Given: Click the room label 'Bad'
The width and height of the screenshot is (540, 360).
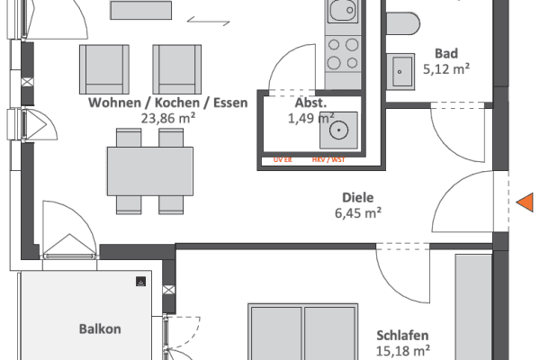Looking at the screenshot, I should [x=446, y=53].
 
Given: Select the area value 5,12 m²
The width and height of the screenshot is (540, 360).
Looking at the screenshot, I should [x=446, y=68].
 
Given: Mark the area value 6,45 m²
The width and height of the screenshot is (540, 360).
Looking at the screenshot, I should [x=357, y=213].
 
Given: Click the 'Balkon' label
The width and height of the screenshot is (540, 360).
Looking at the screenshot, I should [x=99, y=329].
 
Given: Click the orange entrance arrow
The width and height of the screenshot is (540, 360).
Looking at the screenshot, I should [x=524, y=205].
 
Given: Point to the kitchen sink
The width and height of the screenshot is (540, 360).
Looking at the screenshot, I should [x=342, y=12].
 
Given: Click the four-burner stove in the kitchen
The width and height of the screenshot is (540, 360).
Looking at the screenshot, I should [x=342, y=53].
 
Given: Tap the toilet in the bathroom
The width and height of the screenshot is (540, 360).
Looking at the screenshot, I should [x=401, y=22].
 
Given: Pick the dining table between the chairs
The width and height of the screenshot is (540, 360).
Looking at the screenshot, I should [x=150, y=167].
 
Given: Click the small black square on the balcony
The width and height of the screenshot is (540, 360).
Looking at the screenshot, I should [x=140, y=281].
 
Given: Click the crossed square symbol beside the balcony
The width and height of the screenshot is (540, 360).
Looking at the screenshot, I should [x=167, y=289].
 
